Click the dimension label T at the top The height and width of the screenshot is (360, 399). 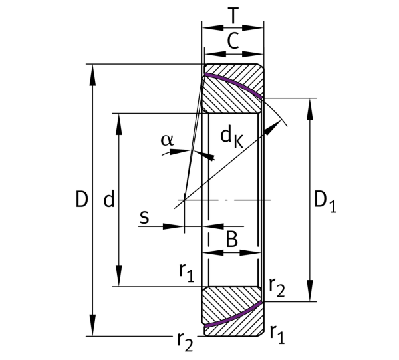click(x=233, y=15)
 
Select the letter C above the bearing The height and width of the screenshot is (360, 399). click(x=233, y=41)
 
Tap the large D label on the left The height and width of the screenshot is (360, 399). click(x=82, y=199)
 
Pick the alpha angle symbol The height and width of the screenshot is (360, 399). click(x=168, y=140)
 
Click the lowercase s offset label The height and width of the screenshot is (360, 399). click(x=144, y=218)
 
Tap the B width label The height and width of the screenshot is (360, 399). click(x=232, y=239)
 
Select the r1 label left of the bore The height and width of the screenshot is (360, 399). click(x=186, y=273)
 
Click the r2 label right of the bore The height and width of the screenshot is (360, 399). click(x=277, y=287)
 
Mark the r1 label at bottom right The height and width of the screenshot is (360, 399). click(x=277, y=334)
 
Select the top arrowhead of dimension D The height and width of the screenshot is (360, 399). click(x=93, y=75)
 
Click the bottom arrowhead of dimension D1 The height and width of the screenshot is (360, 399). click(x=310, y=291)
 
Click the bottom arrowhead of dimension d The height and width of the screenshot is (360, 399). click(x=118, y=275)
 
